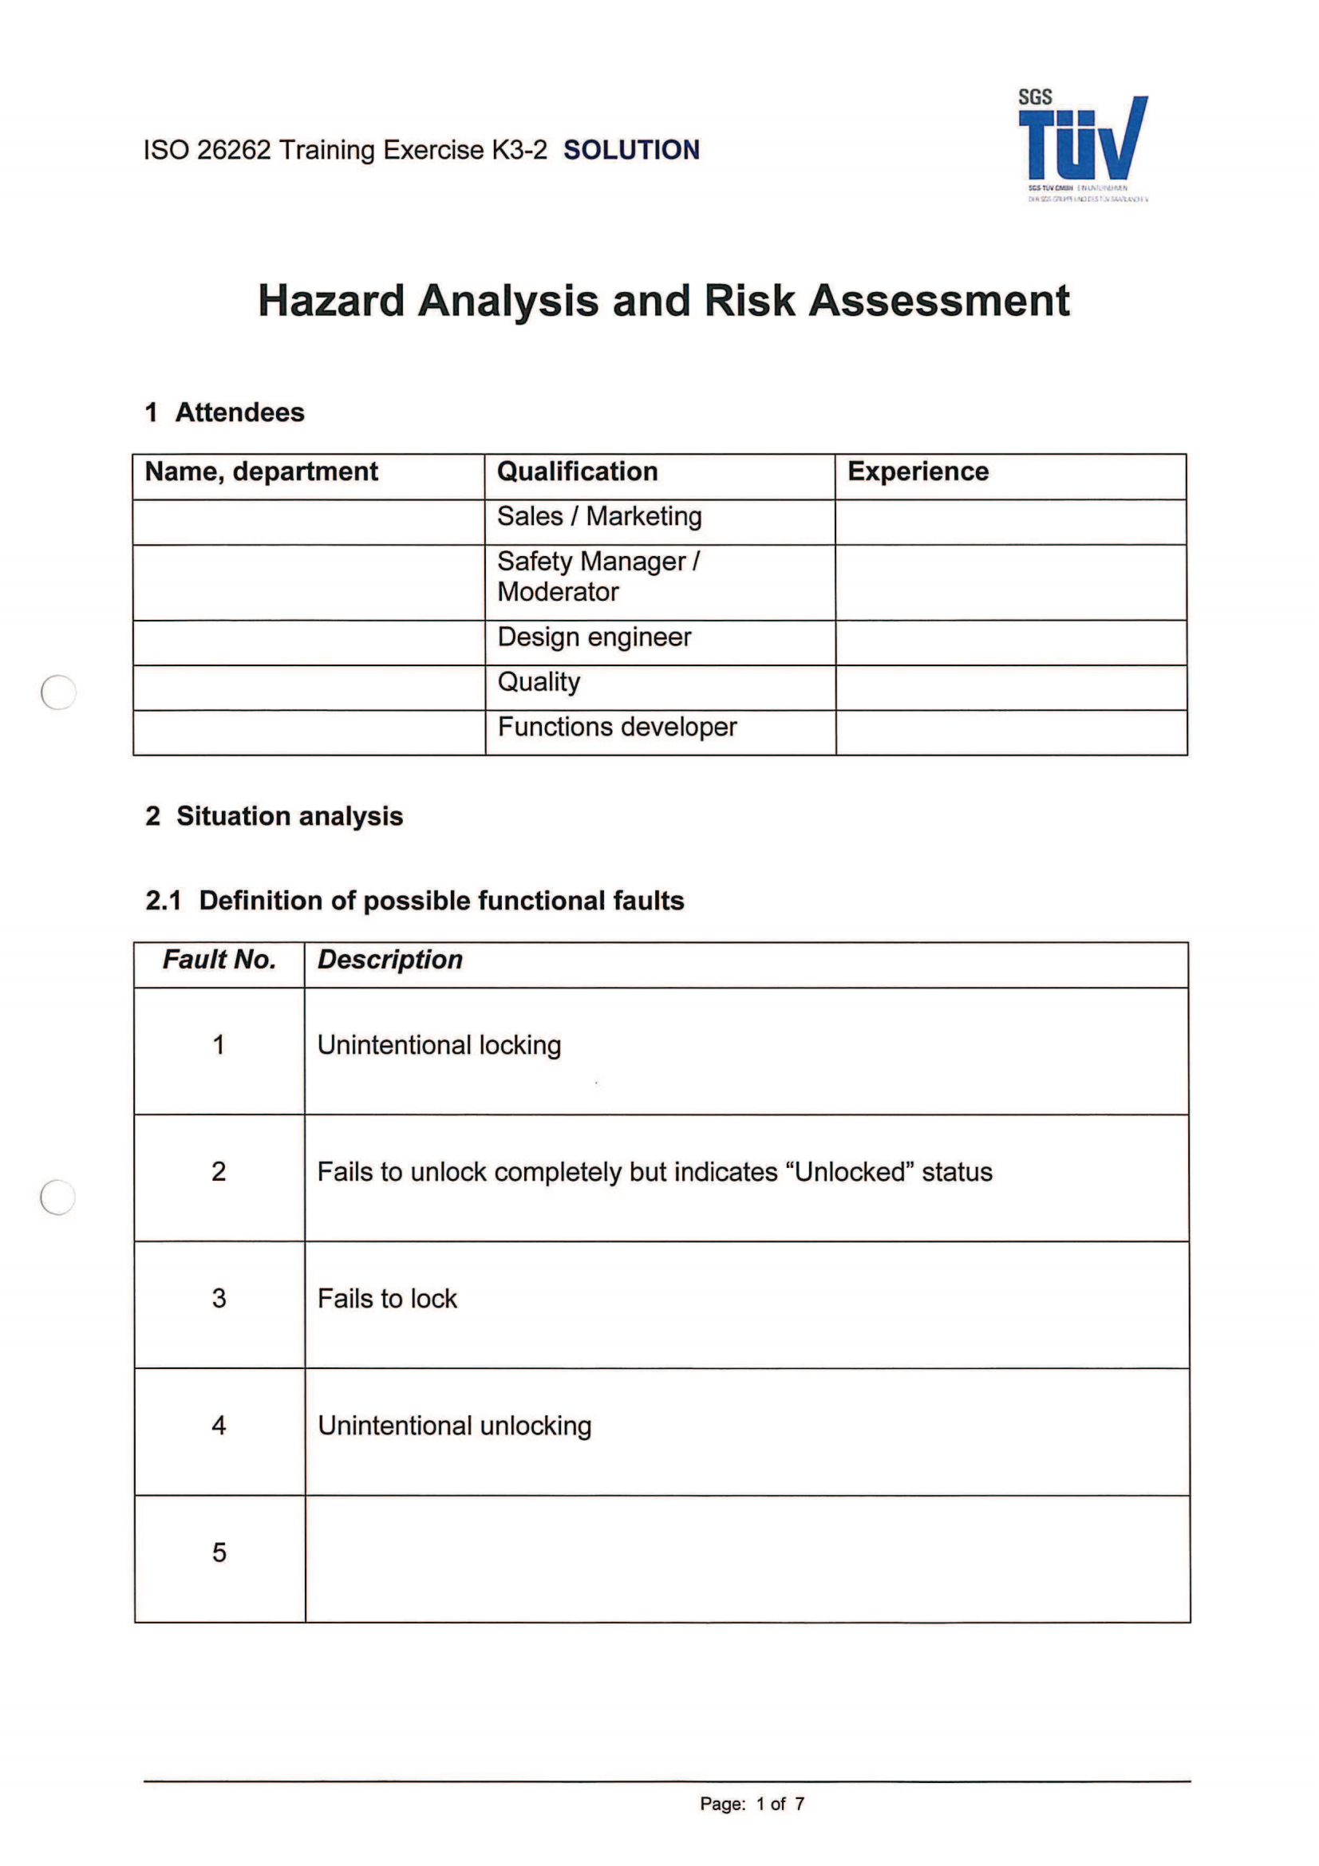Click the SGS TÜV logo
tap(1083, 144)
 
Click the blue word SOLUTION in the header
tap(630, 150)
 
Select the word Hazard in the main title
tap(331, 301)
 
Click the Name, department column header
tap(261, 471)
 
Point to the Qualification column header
tap(577, 471)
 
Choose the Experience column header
tap(918, 471)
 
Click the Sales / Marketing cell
tap(599, 516)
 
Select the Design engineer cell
tap(594, 637)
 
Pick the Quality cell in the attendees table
tap(539, 682)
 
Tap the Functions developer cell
tap(617, 727)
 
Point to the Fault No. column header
tap(219, 960)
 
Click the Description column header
tap(389, 960)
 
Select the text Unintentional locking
tap(439, 1045)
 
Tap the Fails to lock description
tap(387, 1299)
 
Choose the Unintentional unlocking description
tap(454, 1426)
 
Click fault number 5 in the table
tap(219, 1552)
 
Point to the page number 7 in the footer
tap(800, 1805)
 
